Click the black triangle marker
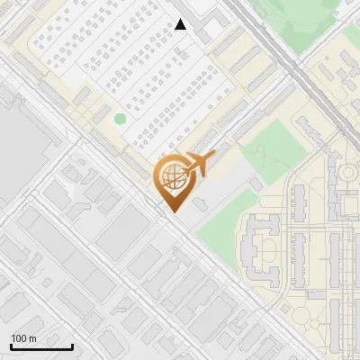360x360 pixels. (x=181, y=24)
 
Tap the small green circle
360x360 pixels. (x=121, y=119)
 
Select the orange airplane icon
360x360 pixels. (x=196, y=164)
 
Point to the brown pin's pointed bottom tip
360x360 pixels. (x=173, y=211)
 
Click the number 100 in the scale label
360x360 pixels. (x=19, y=338)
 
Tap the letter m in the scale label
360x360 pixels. (x=33, y=338)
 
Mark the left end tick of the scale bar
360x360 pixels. (x=11, y=346)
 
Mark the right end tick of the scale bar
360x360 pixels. (x=73, y=346)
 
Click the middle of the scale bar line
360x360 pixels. (x=41, y=347)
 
